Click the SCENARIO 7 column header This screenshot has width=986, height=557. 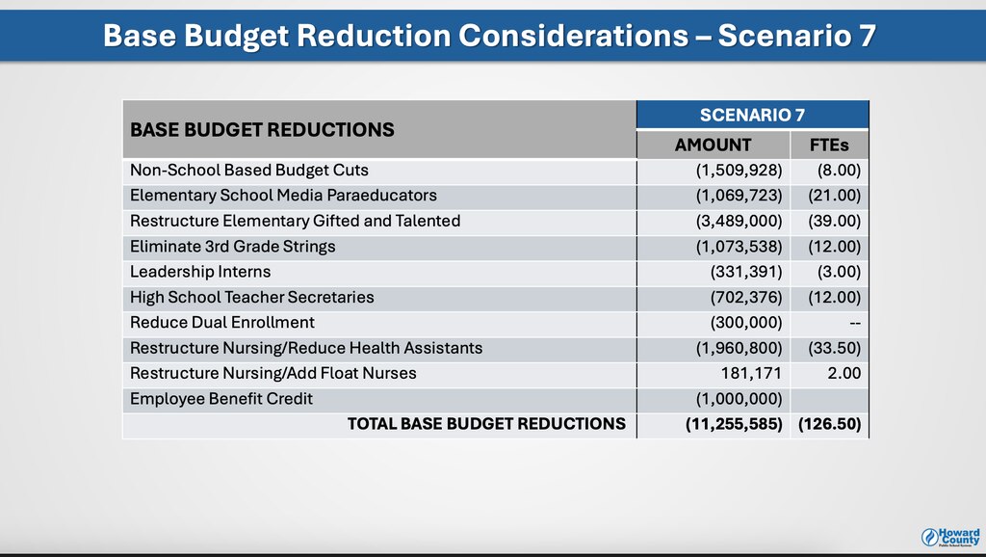click(x=752, y=115)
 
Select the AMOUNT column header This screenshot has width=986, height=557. click(x=713, y=145)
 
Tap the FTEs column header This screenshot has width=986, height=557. click(x=829, y=145)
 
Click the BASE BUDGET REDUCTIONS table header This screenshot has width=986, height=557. click(x=262, y=129)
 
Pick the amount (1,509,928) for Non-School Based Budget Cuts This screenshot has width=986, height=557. click(x=739, y=171)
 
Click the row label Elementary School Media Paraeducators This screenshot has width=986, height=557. click(x=283, y=196)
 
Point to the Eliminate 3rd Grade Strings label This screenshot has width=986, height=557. click(x=232, y=246)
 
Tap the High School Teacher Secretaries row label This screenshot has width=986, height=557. click(x=251, y=297)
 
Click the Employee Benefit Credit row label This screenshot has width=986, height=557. click(x=221, y=398)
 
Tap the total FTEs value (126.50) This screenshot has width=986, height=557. click(x=829, y=423)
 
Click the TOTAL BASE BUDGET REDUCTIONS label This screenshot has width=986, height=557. click(x=486, y=423)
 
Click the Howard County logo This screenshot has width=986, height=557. click(x=951, y=536)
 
